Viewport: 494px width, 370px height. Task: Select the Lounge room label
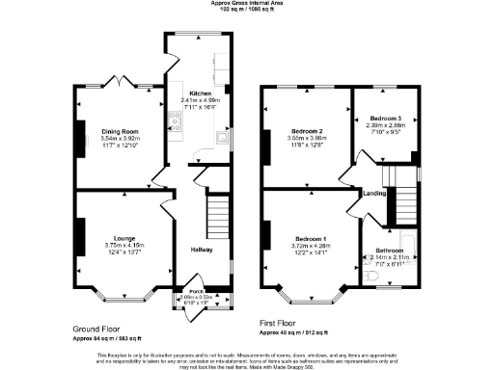point(123,237)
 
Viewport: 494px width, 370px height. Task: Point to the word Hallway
point(201,250)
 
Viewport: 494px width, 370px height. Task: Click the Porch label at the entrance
point(195,291)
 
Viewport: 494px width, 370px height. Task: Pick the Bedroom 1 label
point(311,238)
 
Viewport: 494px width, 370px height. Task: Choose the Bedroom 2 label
point(306,130)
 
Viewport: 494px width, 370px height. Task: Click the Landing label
point(374,194)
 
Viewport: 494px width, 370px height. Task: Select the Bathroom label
point(390,251)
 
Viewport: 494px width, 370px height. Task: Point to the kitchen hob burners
point(176,121)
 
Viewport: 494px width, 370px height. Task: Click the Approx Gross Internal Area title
point(246,4)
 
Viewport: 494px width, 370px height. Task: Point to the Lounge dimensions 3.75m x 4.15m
point(123,245)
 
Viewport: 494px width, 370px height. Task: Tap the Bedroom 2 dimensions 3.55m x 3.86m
point(306,138)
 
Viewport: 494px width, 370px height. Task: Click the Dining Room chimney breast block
point(80,132)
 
